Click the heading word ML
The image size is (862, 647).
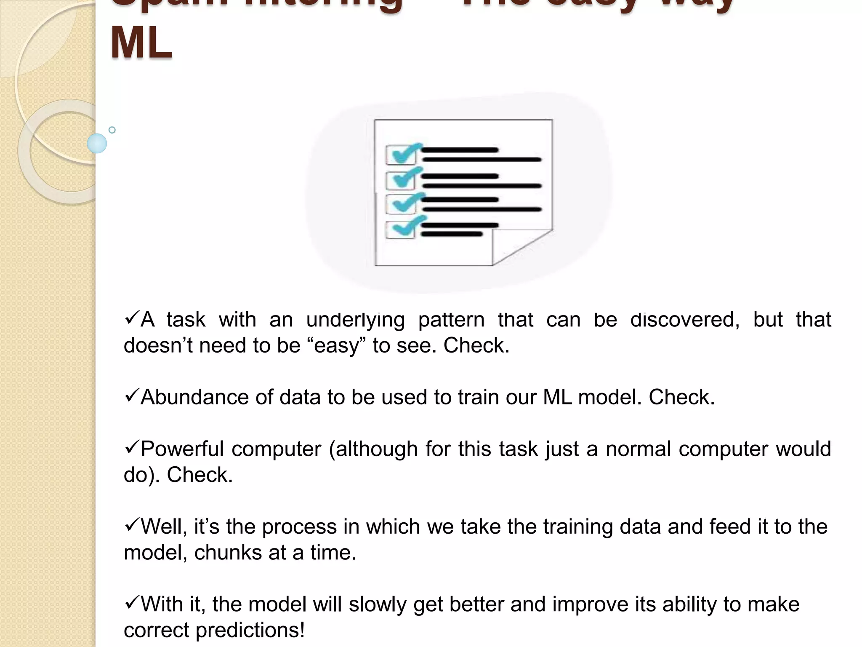pyautogui.click(x=141, y=43)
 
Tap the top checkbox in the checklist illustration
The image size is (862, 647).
pyautogui.click(x=400, y=155)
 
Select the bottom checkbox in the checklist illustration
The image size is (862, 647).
pyautogui.click(x=400, y=230)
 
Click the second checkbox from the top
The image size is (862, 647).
pyautogui.click(x=400, y=180)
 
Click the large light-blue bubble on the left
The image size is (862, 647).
pyautogui.click(x=97, y=143)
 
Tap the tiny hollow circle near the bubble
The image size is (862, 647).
pyautogui.click(x=112, y=130)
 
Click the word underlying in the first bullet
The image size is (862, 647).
pyautogui.click(x=355, y=320)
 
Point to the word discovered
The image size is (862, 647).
pyautogui.click(x=684, y=320)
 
